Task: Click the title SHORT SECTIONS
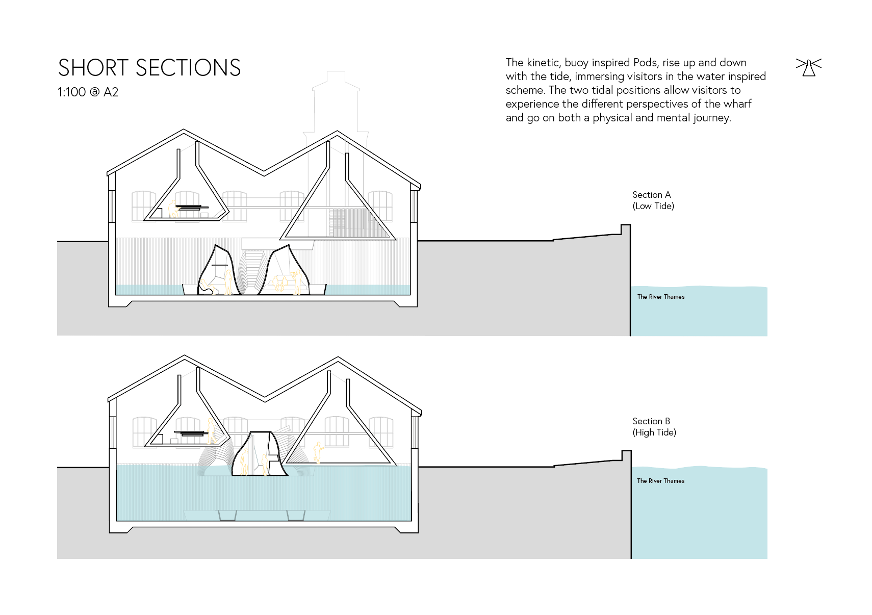pos(149,68)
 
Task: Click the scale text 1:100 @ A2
pos(88,92)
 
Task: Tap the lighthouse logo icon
pos(808,67)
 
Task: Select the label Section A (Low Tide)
pos(653,200)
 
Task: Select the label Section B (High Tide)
pos(654,427)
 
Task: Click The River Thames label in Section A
pos(660,297)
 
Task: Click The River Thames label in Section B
pos(660,481)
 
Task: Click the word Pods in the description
pos(645,63)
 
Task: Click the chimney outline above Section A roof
pos(335,102)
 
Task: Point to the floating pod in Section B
pos(259,454)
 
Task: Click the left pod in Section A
pos(216,270)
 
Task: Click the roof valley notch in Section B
pos(265,398)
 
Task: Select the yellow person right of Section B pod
pos(318,452)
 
